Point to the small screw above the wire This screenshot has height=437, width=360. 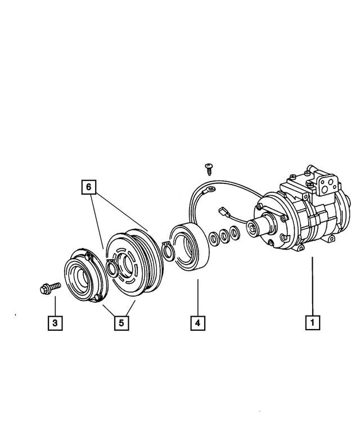pyautogui.click(x=209, y=167)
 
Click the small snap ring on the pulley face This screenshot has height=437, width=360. pyautogui.click(x=111, y=270)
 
